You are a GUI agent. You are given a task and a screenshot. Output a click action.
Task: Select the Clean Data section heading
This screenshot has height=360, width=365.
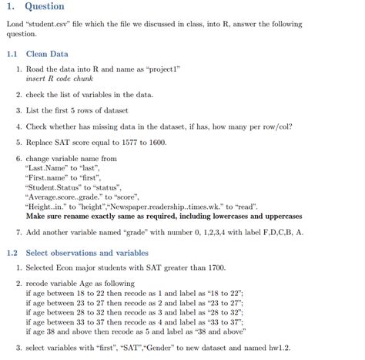point(47,54)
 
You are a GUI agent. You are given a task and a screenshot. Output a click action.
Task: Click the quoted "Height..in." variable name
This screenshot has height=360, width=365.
point(49,207)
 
